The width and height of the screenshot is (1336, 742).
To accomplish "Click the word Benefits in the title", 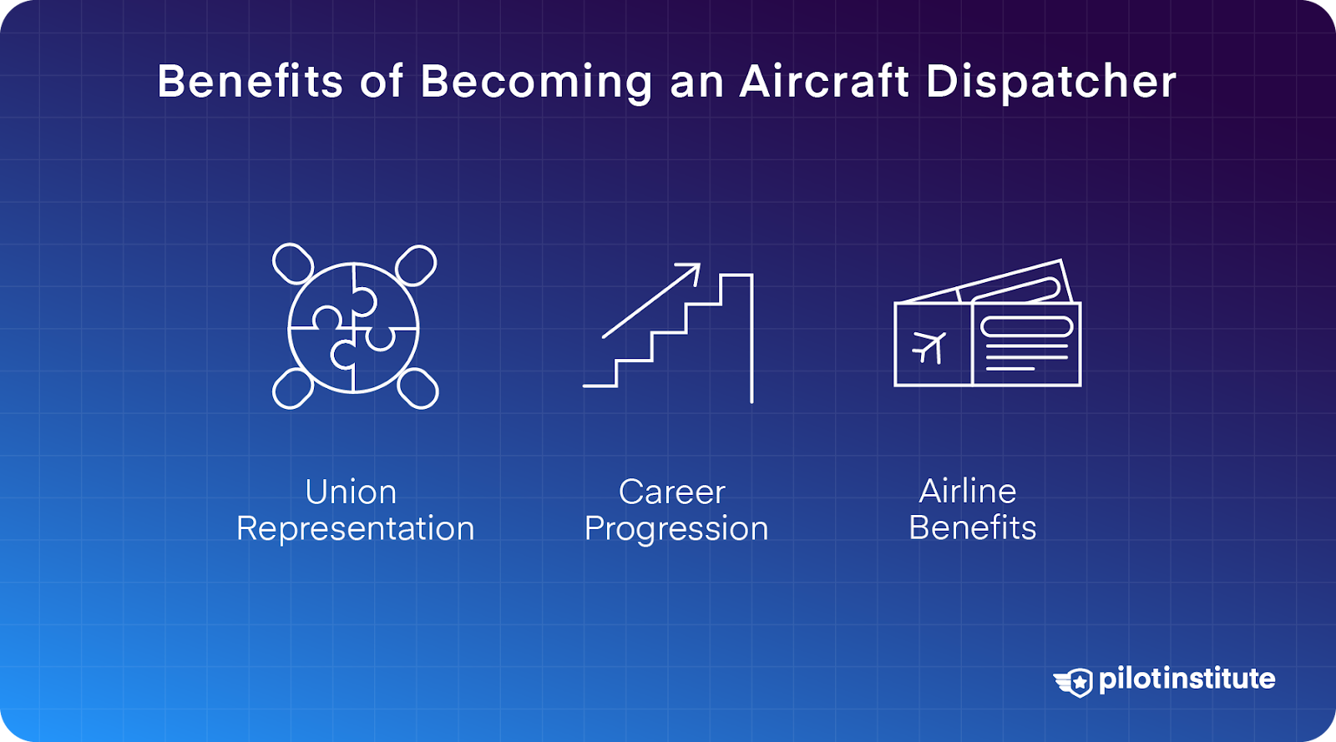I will coord(250,82).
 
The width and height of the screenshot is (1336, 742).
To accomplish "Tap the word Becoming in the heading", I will coord(536,82).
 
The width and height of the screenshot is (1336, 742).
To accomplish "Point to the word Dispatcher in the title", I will coord(1050,82).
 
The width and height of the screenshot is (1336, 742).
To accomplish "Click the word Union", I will coord(351,492).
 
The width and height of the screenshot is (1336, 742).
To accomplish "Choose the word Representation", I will coord(355,529).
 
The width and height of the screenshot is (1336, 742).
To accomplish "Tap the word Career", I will coord(672,492).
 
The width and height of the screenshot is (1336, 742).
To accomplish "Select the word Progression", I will coord(676,529).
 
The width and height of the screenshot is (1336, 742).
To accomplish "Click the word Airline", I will coord(968,492).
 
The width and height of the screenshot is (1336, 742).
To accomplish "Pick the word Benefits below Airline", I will coord(973,528).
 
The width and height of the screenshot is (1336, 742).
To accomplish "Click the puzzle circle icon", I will coord(353,328).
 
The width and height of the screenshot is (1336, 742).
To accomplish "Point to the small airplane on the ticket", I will coord(929,346).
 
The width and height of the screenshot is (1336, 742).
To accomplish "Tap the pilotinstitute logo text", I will coord(1187,679).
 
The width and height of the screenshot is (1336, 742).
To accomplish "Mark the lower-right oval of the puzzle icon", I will coord(417,388).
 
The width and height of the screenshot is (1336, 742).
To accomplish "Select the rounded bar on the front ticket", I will coord(1026,326).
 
